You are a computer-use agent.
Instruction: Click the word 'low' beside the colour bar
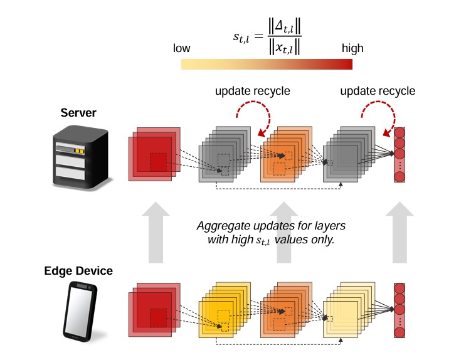pos(181,48)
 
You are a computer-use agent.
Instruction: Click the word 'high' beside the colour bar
pos(352,48)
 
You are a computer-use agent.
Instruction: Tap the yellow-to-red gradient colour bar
pos(267,64)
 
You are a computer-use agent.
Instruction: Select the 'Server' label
pos(78,113)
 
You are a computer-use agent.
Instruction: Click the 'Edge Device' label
pos(78,271)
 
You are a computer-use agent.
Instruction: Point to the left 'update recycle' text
pos(253,91)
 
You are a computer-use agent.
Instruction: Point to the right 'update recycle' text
pos(378,91)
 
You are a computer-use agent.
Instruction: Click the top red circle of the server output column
pos(399,132)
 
